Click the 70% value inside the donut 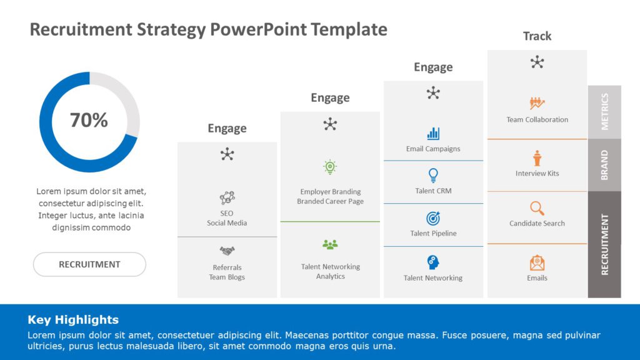click(x=89, y=120)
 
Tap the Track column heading click(x=537, y=36)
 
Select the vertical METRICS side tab click(x=604, y=112)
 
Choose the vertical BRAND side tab click(x=604, y=165)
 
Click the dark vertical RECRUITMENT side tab click(x=604, y=244)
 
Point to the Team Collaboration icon click(x=537, y=103)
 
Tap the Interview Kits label click(x=537, y=174)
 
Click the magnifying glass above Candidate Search click(x=537, y=208)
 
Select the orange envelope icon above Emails click(x=537, y=262)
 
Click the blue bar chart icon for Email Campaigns click(x=433, y=133)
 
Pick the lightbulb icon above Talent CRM click(x=433, y=175)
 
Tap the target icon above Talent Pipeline click(x=433, y=218)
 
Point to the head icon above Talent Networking click(x=433, y=262)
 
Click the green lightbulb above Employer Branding click(x=330, y=167)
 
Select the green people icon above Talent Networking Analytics click(x=330, y=244)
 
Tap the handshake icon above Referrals click(x=227, y=251)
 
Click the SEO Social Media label click(x=227, y=218)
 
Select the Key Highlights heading click(x=73, y=320)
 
